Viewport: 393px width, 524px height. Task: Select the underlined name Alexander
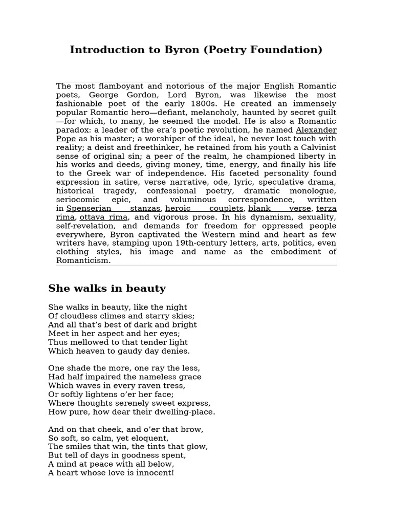click(x=316, y=130)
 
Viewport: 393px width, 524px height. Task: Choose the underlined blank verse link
click(x=280, y=208)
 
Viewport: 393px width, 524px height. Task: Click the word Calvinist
click(x=316, y=147)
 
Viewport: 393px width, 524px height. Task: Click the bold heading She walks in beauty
click(x=107, y=289)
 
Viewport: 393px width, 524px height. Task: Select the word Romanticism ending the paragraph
click(x=83, y=260)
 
